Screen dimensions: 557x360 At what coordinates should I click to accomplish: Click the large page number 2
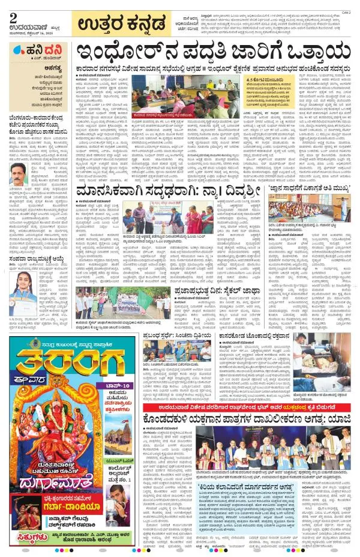coord(13,17)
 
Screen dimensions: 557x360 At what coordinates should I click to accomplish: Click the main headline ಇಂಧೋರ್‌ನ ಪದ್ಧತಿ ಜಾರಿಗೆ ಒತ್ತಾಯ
coord(212,53)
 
